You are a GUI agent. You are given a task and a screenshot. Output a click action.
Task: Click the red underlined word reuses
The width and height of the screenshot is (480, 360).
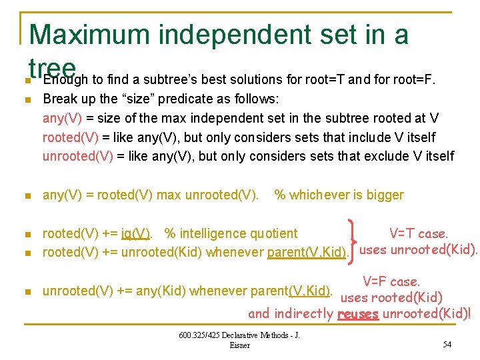(358, 314)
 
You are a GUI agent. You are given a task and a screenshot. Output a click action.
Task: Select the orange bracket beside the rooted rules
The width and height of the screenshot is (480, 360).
(351, 242)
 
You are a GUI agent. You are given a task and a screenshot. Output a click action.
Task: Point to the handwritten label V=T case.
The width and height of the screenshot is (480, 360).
(418, 233)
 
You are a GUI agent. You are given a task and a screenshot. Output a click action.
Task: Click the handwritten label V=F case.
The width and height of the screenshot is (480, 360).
(391, 281)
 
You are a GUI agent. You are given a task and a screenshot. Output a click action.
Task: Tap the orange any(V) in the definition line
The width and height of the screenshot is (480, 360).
(59, 119)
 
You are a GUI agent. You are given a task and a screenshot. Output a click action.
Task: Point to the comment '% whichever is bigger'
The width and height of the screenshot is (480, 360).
(339, 195)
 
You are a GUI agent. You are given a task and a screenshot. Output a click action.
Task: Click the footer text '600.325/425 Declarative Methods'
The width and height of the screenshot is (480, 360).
(239, 335)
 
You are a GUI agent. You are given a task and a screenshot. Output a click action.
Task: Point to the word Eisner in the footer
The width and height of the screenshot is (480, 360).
(239, 345)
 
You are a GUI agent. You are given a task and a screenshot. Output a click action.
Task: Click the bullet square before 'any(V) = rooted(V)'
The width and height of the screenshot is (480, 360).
(27, 196)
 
